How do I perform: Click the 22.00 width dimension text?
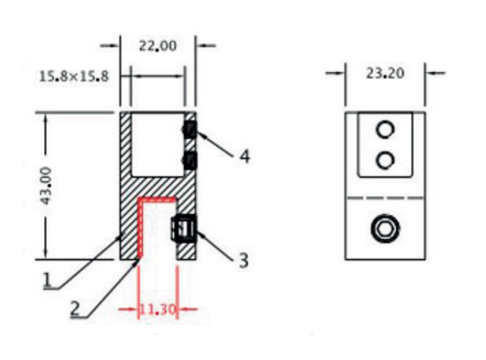tap(157, 46)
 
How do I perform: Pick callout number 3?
tap(243, 261)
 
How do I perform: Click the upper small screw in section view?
tap(190, 129)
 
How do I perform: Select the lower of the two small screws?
tap(190, 160)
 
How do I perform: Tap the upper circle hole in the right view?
tap(385, 128)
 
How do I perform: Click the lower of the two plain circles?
tap(385, 160)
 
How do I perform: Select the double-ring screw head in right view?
tap(385, 228)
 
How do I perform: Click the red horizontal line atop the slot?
tap(158, 198)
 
